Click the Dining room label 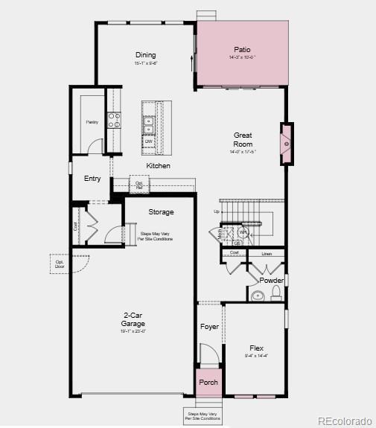coord(146,55)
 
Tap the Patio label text coord(243,49)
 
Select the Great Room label coord(243,139)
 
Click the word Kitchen coord(158,165)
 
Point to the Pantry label coord(92,121)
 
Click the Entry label coord(92,179)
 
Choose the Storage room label coord(160,212)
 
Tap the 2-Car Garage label coord(133,319)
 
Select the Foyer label coord(209,327)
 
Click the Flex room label coord(256,348)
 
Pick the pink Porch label coord(208,383)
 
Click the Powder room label coord(271,280)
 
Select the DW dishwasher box coord(149,141)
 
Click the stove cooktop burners coord(115,120)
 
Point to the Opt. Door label coord(60,263)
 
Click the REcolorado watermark coord(344,421)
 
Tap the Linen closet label coord(267,254)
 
